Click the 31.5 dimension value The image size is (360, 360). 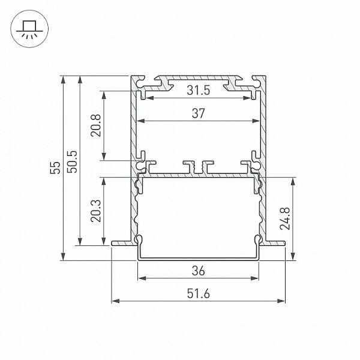(198, 90)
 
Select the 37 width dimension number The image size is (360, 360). (198, 113)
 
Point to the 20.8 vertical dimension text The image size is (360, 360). (96, 125)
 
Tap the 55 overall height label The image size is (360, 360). (55, 168)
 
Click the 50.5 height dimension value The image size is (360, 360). (73, 161)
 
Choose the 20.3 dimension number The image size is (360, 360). (96, 211)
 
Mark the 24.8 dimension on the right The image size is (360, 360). (285, 218)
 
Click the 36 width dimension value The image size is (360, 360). (198, 271)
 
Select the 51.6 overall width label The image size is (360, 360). (198, 293)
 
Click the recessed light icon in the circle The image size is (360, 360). (29, 29)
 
